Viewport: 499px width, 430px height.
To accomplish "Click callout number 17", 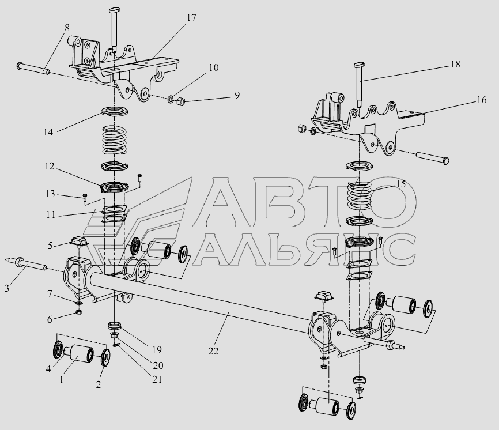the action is [191, 17].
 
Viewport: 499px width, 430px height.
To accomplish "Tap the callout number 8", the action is [67, 28].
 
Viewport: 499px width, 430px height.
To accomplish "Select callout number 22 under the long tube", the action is [214, 351].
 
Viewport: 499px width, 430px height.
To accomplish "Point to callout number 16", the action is [482, 100].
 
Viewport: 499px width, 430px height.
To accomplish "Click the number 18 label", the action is [455, 64].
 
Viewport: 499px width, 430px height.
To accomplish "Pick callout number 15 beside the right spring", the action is [401, 184].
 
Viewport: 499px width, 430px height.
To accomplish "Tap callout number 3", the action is [7, 288].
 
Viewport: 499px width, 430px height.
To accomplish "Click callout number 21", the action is [157, 379].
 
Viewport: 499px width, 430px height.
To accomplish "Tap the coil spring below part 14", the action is [114, 140].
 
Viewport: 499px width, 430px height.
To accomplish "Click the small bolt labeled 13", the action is [84, 197].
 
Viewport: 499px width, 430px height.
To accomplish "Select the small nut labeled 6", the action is [80, 312].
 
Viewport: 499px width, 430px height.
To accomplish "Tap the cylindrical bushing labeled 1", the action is [81, 354].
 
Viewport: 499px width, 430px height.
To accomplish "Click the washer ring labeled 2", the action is [105, 358].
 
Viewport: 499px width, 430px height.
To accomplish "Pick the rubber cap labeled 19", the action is [115, 326].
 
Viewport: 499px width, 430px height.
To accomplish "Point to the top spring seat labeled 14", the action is [114, 111].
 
